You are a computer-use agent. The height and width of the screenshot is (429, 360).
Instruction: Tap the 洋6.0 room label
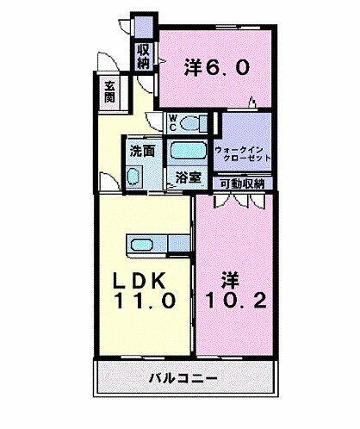pos(219,66)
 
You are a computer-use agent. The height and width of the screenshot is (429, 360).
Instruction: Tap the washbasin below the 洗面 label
pos(134,177)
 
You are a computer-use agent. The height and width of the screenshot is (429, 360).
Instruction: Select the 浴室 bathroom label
pos(188,178)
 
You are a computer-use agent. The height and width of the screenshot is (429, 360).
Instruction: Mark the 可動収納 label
pos(242,183)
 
